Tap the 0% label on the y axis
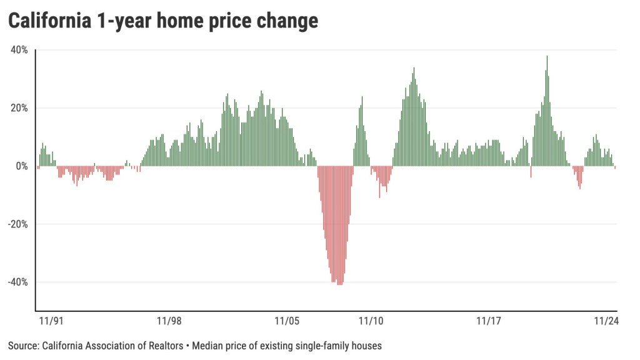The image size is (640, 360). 22,166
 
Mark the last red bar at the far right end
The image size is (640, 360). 616,167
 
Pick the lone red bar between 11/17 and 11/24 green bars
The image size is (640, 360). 531,171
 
